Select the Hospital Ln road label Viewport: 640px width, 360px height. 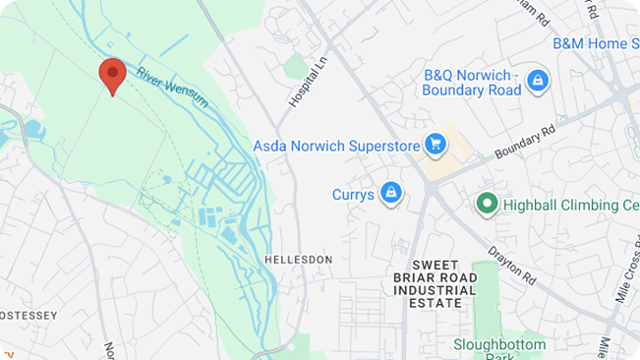[x=306, y=81]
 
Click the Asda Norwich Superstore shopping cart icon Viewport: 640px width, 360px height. [x=435, y=146]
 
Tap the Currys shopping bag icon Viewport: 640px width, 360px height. [x=392, y=194]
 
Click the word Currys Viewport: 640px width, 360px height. [x=352, y=195]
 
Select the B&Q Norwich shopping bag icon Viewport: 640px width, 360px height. [x=538, y=81]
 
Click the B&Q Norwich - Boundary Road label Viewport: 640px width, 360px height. [x=471, y=83]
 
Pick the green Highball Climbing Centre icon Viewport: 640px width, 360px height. [x=486, y=205]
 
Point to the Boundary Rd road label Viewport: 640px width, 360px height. [x=525, y=142]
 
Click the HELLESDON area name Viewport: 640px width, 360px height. [x=298, y=259]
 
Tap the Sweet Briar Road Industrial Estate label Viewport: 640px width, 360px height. [x=443, y=283]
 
